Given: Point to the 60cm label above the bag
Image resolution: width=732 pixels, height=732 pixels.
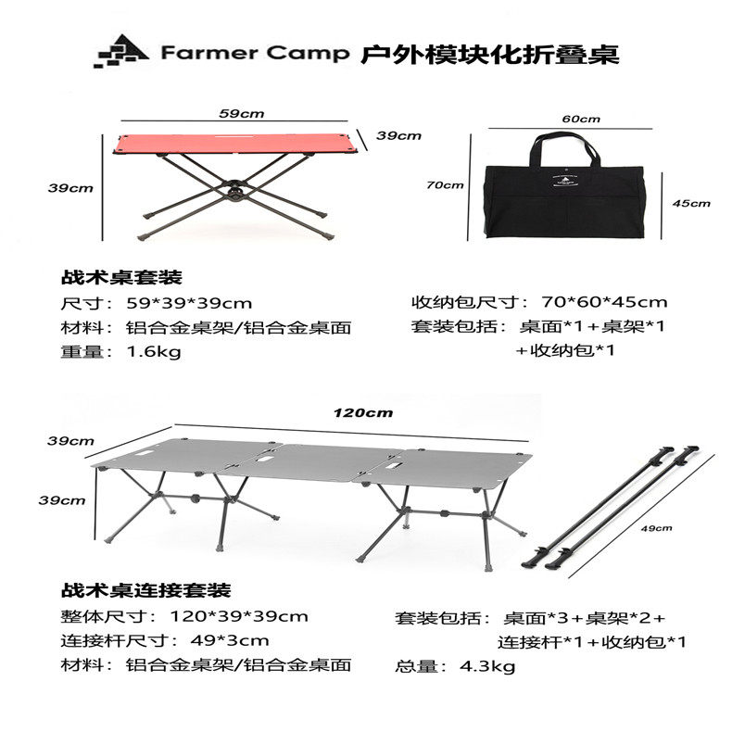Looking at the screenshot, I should click(x=581, y=119).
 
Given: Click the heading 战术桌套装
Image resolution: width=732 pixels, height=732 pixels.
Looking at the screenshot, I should click(x=121, y=277).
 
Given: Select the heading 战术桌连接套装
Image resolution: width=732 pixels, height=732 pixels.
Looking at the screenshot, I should click(x=145, y=590).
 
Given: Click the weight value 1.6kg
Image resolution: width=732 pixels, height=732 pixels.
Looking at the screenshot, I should click(x=154, y=351).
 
